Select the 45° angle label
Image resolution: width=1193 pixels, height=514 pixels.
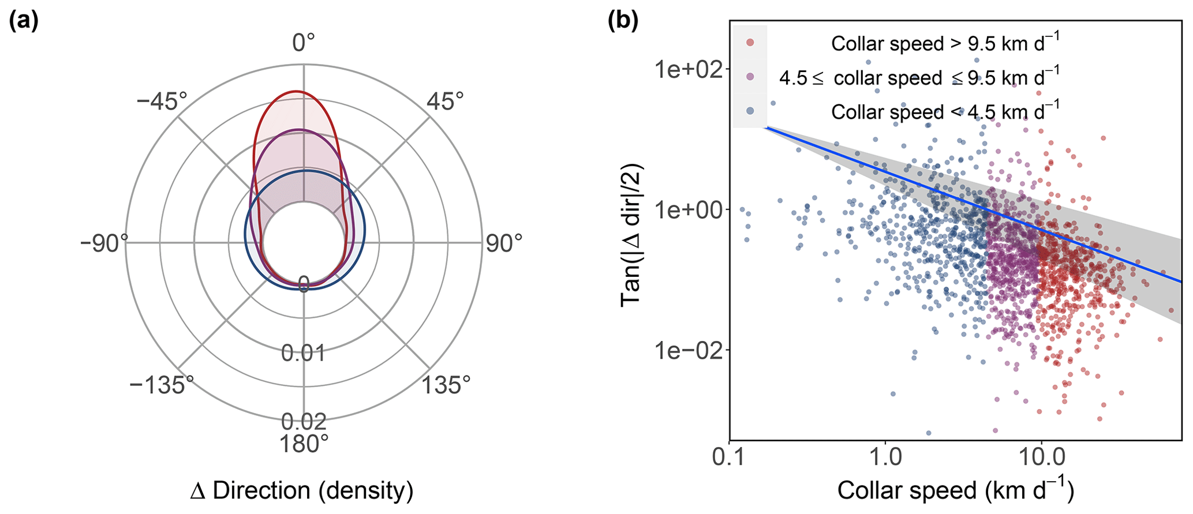tap(445, 101)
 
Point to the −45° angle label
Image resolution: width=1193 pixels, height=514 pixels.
tap(162, 102)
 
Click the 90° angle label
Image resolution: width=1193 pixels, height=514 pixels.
tap(504, 243)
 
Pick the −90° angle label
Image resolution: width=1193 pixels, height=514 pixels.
tap(104, 243)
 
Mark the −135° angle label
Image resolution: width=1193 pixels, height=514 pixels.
tap(161, 385)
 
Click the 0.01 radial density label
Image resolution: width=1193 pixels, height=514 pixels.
tap(303, 352)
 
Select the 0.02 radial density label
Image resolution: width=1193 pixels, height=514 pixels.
tap(304, 422)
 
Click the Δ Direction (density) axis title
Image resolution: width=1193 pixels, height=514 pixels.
tap(302, 491)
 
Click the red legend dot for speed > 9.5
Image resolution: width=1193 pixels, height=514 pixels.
tap(750, 43)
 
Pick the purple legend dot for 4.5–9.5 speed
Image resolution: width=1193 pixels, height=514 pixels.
tap(750, 77)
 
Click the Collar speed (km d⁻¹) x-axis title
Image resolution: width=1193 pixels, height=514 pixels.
tap(955, 490)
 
